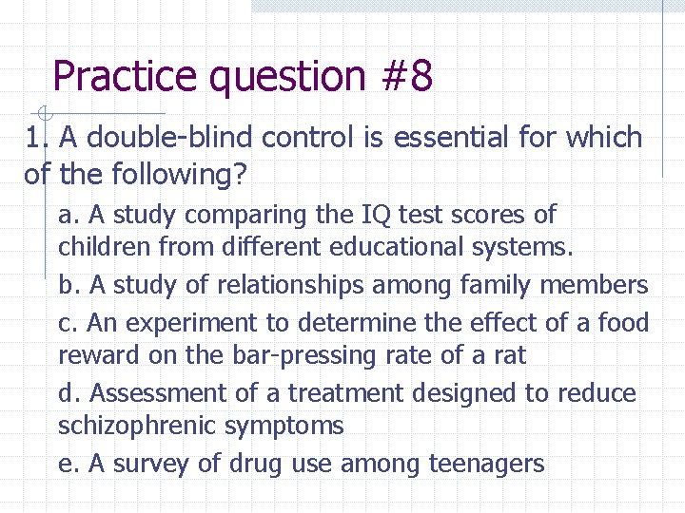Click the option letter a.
(x=67, y=216)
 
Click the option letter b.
(x=67, y=285)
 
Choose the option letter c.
(x=67, y=323)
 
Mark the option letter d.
(x=67, y=392)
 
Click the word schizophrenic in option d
(x=137, y=426)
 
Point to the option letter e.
(x=67, y=464)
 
